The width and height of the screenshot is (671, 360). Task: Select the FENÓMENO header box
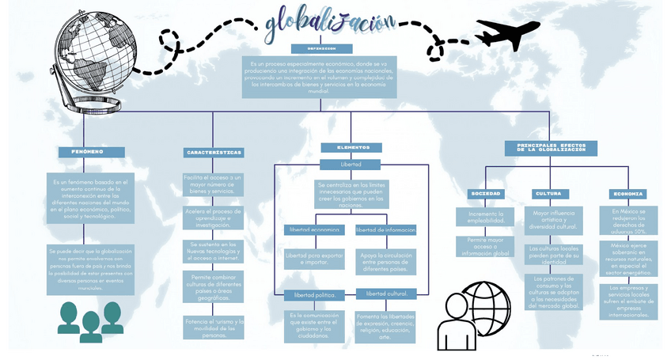tap(92, 151)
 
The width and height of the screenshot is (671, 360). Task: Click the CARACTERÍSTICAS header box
tap(214, 152)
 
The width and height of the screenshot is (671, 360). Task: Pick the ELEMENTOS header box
tap(351, 147)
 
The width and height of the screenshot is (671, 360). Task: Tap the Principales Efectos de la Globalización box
tap(552, 148)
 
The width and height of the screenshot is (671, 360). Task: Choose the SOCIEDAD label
tap(485, 193)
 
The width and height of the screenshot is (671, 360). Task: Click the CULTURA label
tap(548, 193)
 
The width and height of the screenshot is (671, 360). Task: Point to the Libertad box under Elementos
tap(351, 165)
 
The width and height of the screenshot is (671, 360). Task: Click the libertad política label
tap(315, 295)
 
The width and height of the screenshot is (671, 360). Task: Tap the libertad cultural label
tap(386, 294)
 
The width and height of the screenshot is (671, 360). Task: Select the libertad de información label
tap(385, 229)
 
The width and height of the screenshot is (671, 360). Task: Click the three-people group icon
tap(90, 320)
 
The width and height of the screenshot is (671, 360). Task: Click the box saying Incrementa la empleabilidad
tap(486, 218)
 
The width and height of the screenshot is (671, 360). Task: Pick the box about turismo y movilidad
tap(214, 328)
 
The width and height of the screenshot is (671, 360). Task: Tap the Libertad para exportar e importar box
tap(315, 259)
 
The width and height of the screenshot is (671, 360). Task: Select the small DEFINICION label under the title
tap(318, 48)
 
